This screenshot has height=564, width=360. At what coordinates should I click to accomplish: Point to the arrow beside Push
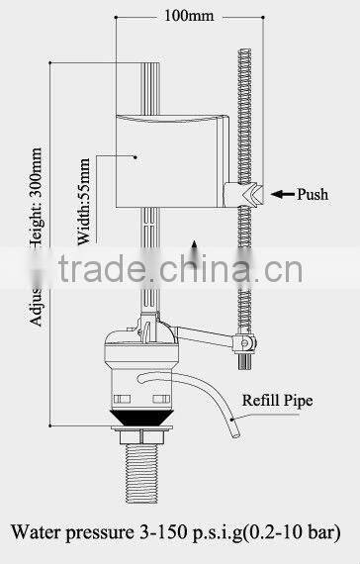coord(283,195)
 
